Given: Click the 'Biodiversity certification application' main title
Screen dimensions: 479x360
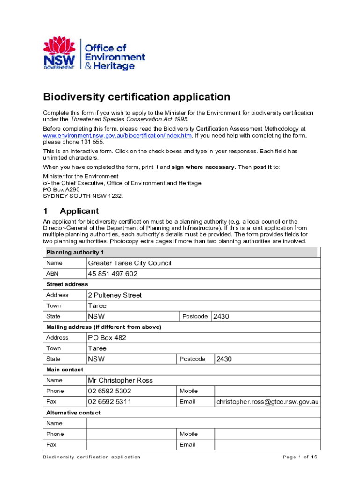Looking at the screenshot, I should pos(137,97).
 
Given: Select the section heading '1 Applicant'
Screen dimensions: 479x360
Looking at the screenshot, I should pos(71,211).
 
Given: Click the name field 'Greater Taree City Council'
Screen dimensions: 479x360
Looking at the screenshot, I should pos(130,263).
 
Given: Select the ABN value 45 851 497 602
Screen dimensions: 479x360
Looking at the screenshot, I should pos(112,274).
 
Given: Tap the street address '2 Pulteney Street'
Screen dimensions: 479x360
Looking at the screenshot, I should pos(115,295).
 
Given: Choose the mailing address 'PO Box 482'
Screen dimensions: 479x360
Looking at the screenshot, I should pos(107,338).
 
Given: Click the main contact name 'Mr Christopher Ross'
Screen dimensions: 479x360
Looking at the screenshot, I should pos(120,380).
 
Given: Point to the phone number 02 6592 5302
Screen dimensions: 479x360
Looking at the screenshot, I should pos(109,391).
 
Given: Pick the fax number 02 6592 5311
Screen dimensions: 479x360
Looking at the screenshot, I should pos(109,402).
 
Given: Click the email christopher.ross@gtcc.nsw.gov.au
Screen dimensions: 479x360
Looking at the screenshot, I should pos(267,402).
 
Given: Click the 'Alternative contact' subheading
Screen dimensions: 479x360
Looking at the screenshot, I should pos(73,413).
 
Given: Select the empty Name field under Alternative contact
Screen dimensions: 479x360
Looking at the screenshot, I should pos(203,423).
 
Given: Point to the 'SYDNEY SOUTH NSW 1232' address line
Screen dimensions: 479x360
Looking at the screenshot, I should pos(83,196).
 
